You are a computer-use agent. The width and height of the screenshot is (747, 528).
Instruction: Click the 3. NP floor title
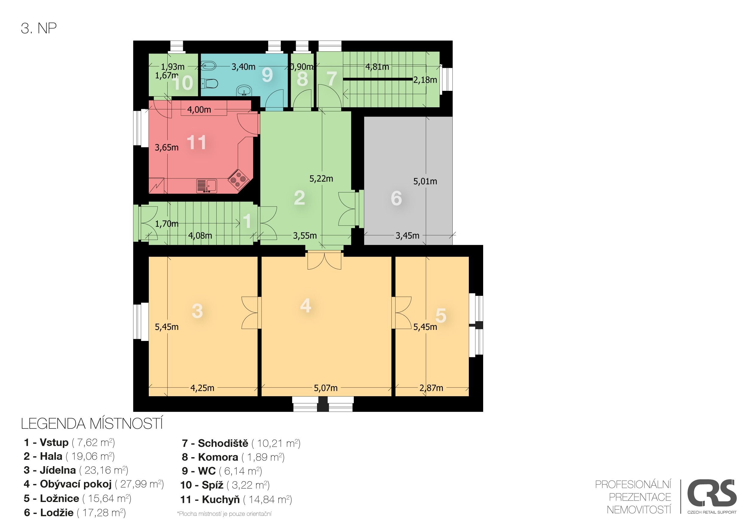39,28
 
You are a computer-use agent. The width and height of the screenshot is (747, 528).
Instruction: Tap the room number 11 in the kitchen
196,143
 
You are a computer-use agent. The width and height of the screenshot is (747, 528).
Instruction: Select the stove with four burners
238,179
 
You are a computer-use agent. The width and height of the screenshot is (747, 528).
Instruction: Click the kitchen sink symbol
206,186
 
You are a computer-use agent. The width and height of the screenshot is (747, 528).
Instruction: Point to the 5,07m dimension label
326,388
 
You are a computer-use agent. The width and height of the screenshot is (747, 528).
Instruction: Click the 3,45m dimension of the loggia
407,235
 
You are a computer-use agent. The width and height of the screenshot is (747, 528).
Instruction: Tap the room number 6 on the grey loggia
396,198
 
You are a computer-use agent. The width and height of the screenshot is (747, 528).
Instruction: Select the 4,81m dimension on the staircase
377,67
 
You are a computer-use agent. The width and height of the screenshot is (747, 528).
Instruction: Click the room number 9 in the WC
267,75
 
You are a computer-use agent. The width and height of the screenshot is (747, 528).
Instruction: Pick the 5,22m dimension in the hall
321,179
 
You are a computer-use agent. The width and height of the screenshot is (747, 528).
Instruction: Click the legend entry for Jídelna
76,470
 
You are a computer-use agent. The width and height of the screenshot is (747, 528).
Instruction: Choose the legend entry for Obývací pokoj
94,484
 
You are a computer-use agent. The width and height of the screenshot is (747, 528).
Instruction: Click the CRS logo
712,497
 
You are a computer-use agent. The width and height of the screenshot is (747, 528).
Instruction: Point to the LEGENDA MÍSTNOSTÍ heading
92,424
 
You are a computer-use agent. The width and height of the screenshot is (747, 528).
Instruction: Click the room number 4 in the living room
305,305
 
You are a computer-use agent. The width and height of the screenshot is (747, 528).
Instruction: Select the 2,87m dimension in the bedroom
431,388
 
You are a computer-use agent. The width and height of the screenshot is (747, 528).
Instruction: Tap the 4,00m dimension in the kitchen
199,110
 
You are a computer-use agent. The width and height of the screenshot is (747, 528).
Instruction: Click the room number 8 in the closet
302,79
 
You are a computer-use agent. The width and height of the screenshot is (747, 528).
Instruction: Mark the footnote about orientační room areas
224,514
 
